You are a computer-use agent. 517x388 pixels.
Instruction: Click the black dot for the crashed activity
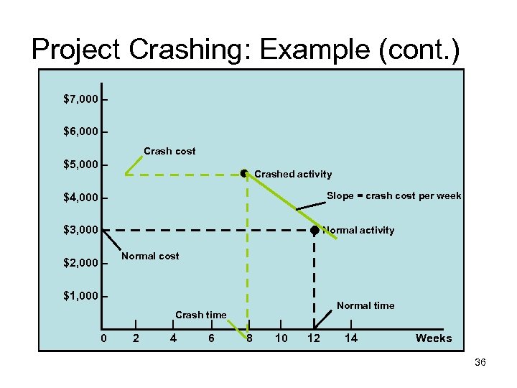[x=245, y=173]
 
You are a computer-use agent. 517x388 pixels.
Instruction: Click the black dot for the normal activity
[x=315, y=230]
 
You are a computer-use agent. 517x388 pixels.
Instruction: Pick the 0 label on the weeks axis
[x=104, y=338]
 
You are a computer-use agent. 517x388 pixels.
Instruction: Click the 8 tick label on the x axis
[x=249, y=338]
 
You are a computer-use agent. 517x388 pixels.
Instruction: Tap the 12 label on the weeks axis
[x=314, y=338]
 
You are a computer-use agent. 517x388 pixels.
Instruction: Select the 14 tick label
[x=351, y=338]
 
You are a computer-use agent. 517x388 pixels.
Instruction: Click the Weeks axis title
[x=434, y=338]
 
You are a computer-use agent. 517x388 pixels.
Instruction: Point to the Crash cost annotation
[x=169, y=151]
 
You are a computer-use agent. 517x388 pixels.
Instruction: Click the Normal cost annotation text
[x=151, y=256]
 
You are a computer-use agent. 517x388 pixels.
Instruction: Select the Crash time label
[x=201, y=315]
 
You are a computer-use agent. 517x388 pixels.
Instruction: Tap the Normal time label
[x=365, y=305]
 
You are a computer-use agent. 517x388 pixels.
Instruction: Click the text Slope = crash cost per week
[x=394, y=196]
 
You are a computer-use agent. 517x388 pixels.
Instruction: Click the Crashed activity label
[x=293, y=174]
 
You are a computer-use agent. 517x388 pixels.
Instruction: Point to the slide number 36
[x=480, y=363]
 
